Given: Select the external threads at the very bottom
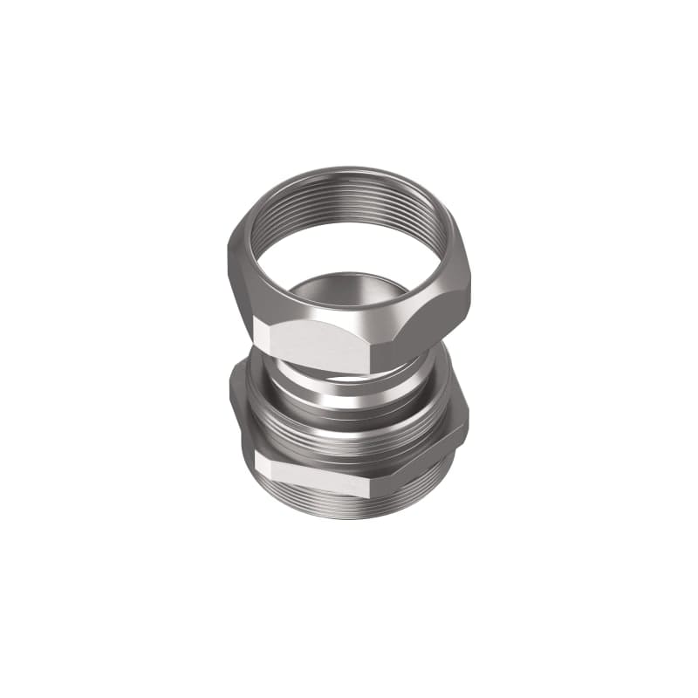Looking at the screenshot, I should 349,506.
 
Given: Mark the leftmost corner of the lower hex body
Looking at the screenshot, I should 231,397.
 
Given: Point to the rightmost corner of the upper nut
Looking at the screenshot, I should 470,284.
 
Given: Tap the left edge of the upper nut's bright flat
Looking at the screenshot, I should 255,332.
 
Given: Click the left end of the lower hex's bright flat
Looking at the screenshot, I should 257,462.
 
